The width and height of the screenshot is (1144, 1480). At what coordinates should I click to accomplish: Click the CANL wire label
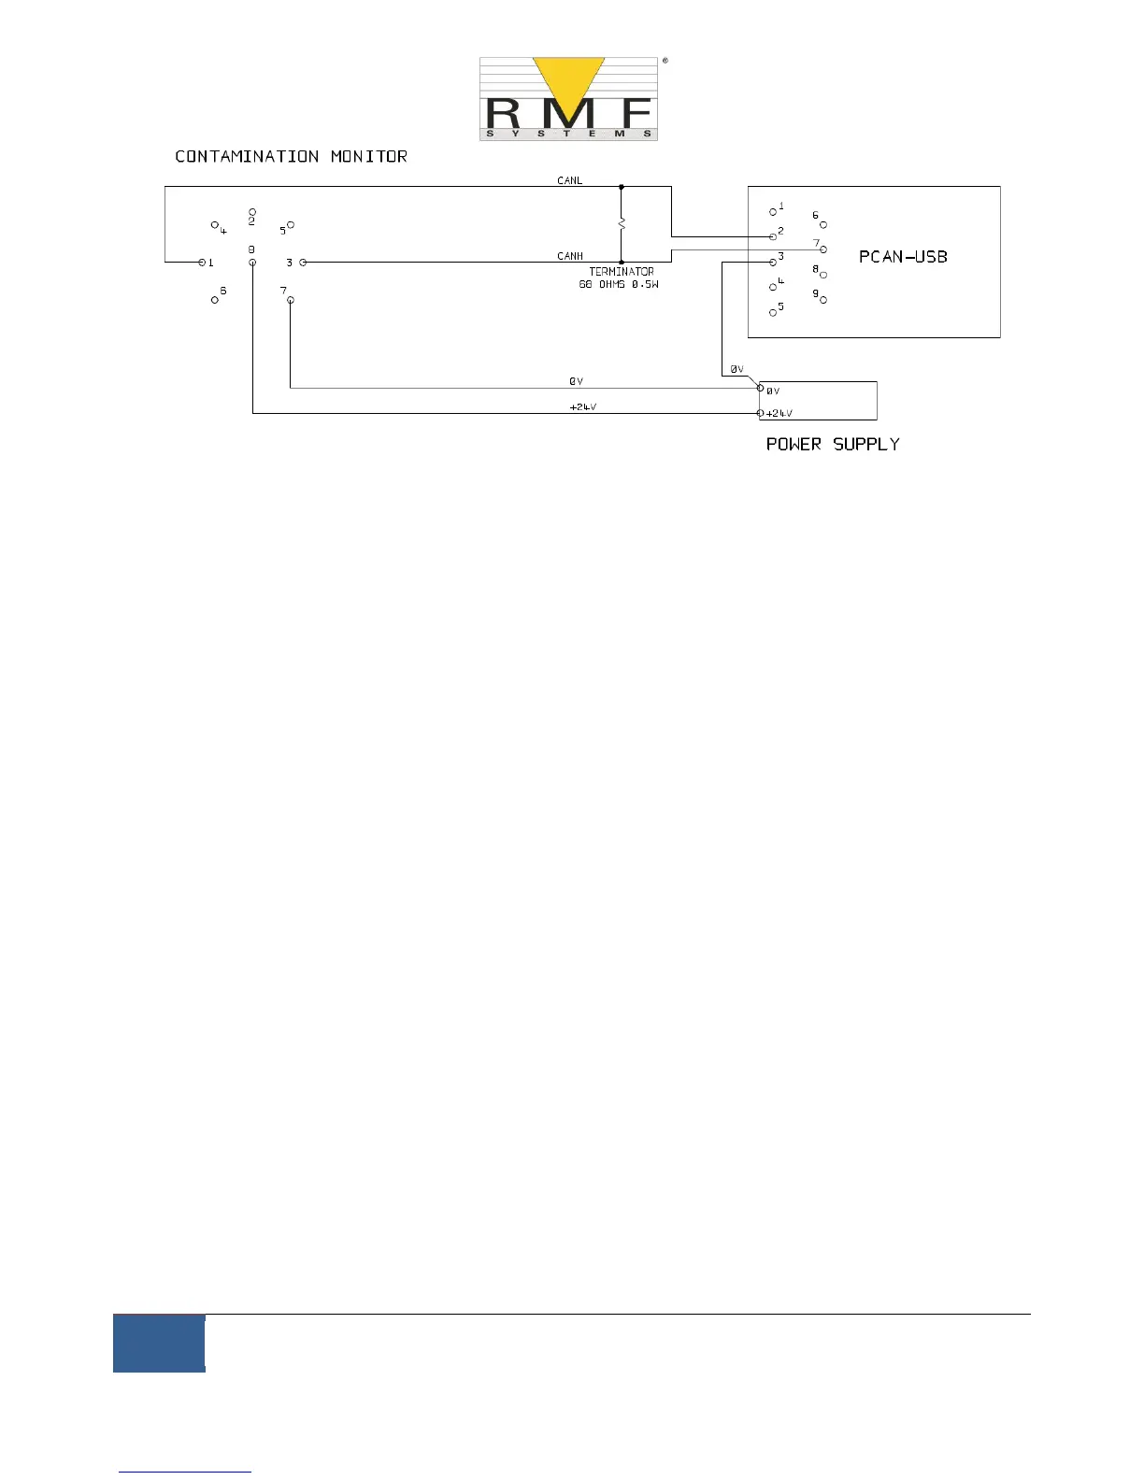click(569, 180)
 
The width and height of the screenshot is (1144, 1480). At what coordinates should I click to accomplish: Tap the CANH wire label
click(570, 256)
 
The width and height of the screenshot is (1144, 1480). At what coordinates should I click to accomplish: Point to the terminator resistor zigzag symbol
click(622, 224)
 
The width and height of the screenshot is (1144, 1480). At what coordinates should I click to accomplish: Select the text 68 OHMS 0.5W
click(618, 284)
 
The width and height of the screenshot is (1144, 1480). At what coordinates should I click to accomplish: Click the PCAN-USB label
click(903, 257)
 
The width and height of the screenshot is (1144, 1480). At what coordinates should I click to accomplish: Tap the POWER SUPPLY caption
click(833, 444)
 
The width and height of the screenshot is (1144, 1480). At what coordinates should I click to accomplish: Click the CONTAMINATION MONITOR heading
click(291, 156)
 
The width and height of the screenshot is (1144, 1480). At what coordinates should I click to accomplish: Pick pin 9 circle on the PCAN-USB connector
click(823, 300)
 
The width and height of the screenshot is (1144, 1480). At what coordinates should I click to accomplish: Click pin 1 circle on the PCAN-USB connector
click(773, 212)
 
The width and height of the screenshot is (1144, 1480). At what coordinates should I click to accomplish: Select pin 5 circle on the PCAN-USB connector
click(773, 312)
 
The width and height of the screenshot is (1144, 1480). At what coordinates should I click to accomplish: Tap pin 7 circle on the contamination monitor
click(291, 300)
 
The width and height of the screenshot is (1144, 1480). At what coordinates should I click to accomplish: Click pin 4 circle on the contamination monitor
click(215, 225)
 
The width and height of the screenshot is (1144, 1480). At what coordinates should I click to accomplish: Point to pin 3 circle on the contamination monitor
click(303, 263)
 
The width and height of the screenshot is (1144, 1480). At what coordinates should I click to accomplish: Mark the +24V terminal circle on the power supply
click(761, 413)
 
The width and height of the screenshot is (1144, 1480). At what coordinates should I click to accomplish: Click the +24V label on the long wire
click(583, 407)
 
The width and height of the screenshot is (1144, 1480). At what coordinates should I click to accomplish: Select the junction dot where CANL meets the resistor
click(622, 187)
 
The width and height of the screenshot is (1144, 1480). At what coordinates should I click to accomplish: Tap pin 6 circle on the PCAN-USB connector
click(823, 224)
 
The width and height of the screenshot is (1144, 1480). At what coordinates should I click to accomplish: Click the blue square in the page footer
click(159, 1343)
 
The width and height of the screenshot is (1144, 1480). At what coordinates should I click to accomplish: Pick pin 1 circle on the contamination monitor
click(202, 263)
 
